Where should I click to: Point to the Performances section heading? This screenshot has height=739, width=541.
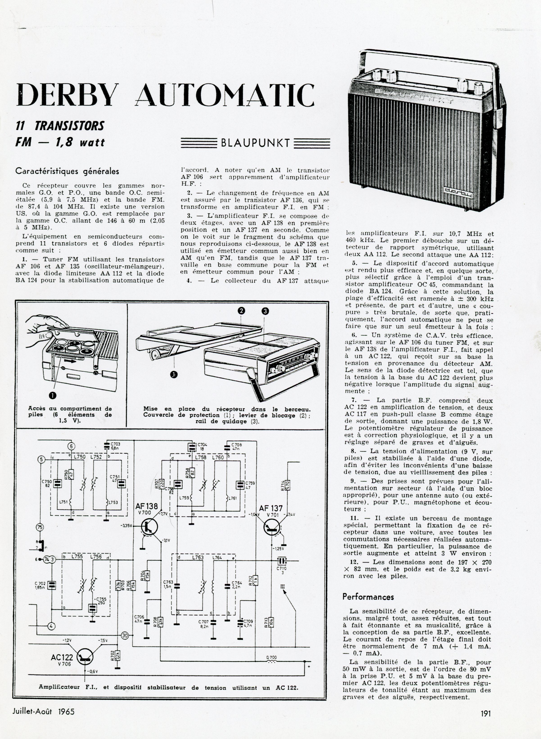(368, 597)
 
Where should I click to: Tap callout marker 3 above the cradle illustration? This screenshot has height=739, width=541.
(265, 312)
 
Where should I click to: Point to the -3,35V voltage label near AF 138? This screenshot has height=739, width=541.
(126, 526)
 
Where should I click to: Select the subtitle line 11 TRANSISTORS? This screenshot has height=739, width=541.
(60, 126)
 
